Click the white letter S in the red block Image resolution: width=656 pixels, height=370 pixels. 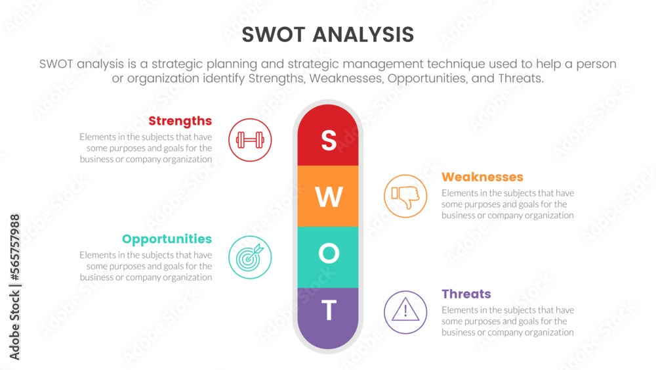click(x=328, y=140)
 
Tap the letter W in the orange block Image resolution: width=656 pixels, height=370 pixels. click(x=329, y=197)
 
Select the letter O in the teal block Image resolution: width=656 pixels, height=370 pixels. click(x=329, y=254)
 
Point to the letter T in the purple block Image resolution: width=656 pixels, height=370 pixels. click(x=329, y=310)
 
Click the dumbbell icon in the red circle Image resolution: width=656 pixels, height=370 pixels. click(x=250, y=140)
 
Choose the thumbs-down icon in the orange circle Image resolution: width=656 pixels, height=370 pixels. click(x=405, y=196)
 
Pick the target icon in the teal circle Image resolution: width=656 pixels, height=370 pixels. click(x=250, y=257)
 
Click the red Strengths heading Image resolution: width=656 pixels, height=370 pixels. click(x=180, y=121)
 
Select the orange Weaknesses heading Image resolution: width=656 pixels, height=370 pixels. click(x=482, y=177)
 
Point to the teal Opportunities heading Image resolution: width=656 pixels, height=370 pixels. click(x=167, y=239)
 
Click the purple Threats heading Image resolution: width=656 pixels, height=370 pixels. click(x=466, y=294)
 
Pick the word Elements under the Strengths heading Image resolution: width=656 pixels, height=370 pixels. click(x=97, y=137)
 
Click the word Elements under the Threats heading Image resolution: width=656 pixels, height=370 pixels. click(x=459, y=310)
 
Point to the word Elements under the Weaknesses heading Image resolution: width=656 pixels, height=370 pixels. click(x=459, y=193)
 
